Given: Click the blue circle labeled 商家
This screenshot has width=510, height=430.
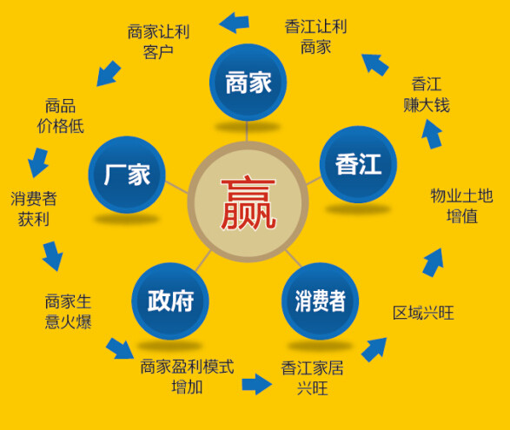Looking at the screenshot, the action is pyautogui.click(x=248, y=83).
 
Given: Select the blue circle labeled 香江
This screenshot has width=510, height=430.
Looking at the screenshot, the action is pyautogui.click(x=358, y=164).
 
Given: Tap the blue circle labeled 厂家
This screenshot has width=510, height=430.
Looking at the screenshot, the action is pyautogui.click(x=127, y=175).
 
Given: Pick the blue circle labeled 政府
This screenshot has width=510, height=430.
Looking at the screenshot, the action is pyautogui.click(x=170, y=301).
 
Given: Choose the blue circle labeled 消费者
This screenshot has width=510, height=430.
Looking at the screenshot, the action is pyautogui.click(x=320, y=301).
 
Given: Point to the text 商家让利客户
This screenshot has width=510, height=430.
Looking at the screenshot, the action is pyautogui.click(x=158, y=42).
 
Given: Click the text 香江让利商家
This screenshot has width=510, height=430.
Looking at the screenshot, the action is pyautogui.click(x=316, y=36).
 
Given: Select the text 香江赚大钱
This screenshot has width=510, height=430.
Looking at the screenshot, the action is pyautogui.click(x=427, y=95).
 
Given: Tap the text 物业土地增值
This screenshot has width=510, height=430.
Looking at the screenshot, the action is pyautogui.click(x=462, y=206).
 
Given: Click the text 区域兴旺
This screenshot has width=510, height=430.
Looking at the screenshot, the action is pyautogui.click(x=423, y=313).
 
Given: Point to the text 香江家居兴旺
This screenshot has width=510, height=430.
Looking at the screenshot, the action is pyautogui.click(x=312, y=378).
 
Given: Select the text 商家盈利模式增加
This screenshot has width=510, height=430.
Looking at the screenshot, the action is pyautogui.click(x=187, y=377).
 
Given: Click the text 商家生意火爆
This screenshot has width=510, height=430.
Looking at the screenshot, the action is pyautogui.click(x=69, y=312).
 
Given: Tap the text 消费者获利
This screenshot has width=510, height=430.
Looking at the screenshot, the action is pyautogui.click(x=34, y=208).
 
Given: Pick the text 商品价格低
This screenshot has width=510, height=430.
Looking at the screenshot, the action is pyautogui.click(x=61, y=116).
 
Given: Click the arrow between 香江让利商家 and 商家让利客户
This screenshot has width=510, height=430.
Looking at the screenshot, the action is pyautogui.click(x=235, y=23).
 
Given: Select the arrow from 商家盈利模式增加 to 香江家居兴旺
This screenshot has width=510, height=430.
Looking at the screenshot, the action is pyautogui.click(x=256, y=384).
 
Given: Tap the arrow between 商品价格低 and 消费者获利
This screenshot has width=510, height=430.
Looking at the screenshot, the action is pyautogui.click(x=38, y=162).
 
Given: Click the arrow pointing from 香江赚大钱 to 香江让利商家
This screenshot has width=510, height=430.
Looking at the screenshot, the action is pyautogui.click(x=374, y=64).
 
